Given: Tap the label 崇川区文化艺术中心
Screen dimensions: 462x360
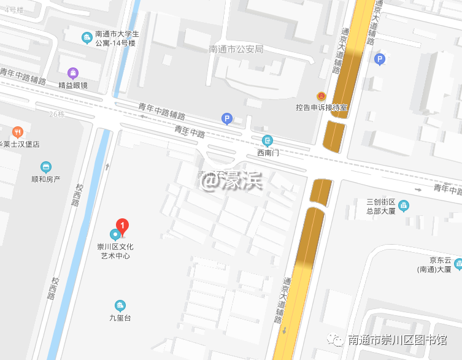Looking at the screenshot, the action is click(x=115, y=251).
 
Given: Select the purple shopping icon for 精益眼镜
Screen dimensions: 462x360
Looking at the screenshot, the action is click(x=73, y=73).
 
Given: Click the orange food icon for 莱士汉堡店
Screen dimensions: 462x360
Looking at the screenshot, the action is click(x=18, y=131).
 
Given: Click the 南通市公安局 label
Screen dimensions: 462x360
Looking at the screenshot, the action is click(x=236, y=49).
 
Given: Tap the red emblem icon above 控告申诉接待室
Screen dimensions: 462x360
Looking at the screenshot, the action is click(x=321, y=96).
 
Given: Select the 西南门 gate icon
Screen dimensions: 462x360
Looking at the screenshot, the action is click(x=268, y=140).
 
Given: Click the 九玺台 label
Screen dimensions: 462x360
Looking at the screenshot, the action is click(x=120, y=318).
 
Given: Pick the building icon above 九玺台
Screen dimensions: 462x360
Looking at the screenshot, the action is click(x=120, y=305).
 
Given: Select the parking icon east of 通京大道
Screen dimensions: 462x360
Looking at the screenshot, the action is click(x=380, y=59).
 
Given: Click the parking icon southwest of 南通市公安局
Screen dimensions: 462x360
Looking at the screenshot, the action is click(x=228, y=119).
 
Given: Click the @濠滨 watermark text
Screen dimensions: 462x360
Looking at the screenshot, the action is click(x=233, y=180).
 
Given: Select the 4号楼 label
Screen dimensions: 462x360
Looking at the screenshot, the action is click(x=13, y=10).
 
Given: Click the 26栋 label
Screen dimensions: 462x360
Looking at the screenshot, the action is click(x=56, y=114).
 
